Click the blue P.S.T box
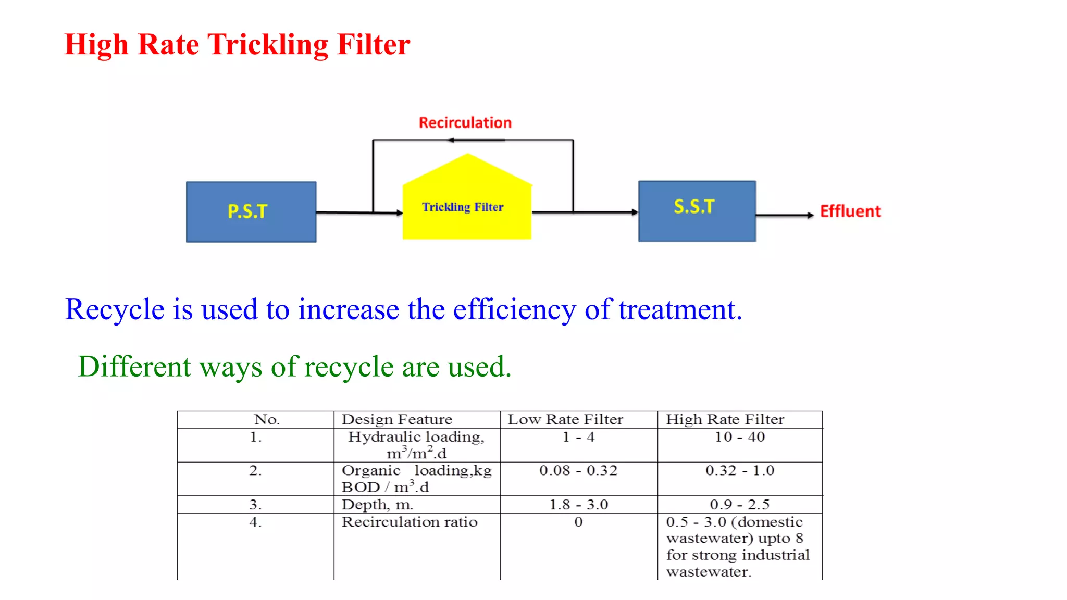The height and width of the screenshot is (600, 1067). pos(251,212)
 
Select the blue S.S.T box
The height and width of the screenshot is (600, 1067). pos(697,211)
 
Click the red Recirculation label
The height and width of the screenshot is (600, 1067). pos(465,123)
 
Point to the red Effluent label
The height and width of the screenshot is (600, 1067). pos(850,211)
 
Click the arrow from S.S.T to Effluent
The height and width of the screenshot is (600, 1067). pos(784,215)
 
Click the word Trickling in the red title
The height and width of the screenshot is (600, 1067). pos(268,45)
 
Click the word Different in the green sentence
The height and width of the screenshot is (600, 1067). pos(134,367)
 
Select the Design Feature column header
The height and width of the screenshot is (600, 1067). pos(396,420)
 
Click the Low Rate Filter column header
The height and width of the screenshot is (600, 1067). pos(565,420)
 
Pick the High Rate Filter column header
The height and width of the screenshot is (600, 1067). pos(725,420)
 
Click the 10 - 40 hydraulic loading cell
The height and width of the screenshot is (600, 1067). pos(739,437)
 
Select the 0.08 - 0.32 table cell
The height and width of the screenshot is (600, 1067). pos(578,471)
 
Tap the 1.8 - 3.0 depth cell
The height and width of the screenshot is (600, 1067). pos(578,505)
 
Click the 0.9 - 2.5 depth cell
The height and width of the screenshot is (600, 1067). pos(739,505)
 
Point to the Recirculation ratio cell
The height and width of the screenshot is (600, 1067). pos(410,522)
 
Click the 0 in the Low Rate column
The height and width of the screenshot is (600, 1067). pos(578,522)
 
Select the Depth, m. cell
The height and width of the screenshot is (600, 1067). pos(377,505)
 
